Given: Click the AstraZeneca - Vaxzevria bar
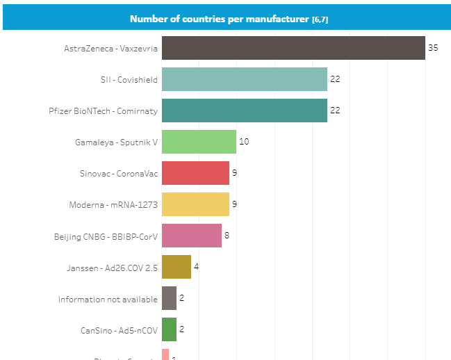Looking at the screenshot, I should click(293, 48).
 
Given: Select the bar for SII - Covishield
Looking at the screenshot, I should click(245, 79).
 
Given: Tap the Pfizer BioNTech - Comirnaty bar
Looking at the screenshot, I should click(245, 111).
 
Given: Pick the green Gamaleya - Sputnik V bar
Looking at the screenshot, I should click(199, 142).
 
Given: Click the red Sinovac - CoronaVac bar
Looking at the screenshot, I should click(195, 173).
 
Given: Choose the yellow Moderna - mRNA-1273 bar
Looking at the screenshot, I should click(195, 204).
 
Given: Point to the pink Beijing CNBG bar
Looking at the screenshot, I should click(192, 236).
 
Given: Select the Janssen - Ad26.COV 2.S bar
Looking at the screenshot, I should click(177, 267).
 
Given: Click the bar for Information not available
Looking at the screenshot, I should click(169, 298).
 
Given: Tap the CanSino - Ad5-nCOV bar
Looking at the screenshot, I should click(169, 329).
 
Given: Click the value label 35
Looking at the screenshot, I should click(433, 48).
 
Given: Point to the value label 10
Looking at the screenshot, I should click(244, 142).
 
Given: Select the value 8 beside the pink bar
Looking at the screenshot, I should click(227, 236).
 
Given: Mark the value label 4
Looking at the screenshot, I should click(197, 267).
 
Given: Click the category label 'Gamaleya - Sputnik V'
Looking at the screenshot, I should click(116, 142).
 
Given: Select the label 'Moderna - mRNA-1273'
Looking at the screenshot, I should click(113, 205).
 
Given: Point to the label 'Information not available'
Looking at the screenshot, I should click(108, 299).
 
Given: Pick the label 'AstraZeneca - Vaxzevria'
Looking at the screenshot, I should click(110, 49).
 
